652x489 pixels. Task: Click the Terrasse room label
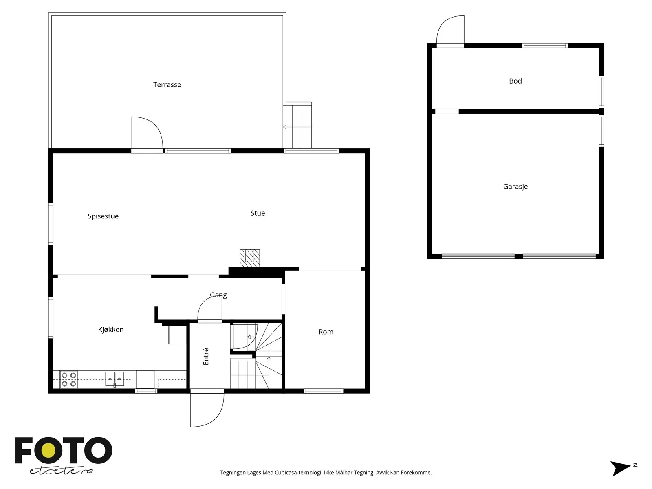click(x=167, y=85)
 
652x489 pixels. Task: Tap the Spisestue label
click(x=103, y=216)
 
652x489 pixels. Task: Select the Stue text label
click(x=258, y=213)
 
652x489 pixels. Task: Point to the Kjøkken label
click(x=111, y=330)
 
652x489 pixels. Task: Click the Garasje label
click(x=515, y=187)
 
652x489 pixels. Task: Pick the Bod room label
click(x=515, y=81)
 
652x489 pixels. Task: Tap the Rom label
click(x=326, y=332)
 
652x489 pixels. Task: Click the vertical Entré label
click(x=206, y=357)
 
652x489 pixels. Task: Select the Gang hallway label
click(x=218, y=295)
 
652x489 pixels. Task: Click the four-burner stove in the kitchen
click(x=69, y=379)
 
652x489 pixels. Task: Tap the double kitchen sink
click(x=115, y=379)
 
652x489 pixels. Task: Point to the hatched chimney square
click(x=249, y=258)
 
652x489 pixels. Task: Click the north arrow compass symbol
click(x=623, y=468)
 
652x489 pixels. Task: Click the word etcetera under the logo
click(x=61, y=471)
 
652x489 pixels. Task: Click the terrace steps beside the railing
click(x=297, y=126)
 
